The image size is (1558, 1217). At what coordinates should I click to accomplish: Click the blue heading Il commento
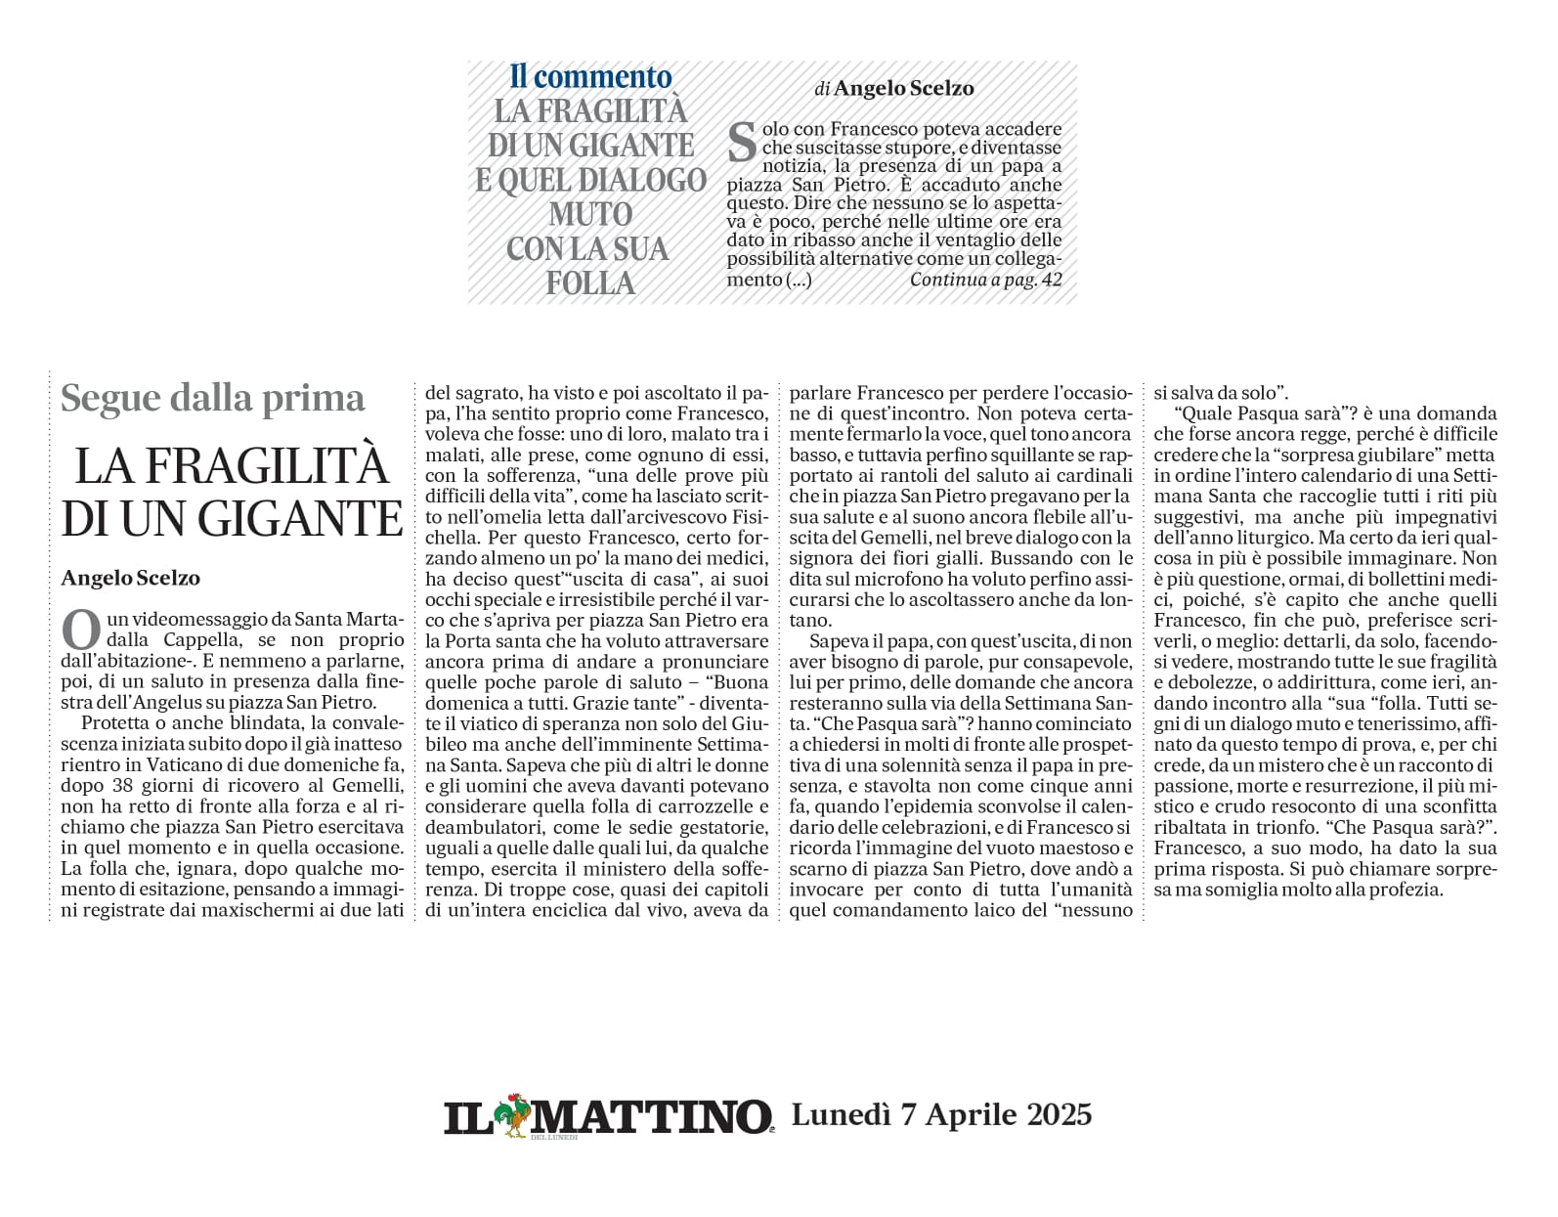pyautogui.click(x=590, y=76)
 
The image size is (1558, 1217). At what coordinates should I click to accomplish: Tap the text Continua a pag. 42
pyautogui.click(x=985, y=280)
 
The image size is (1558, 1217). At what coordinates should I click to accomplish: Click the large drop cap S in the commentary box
pyautogui.click(x=743, y=143)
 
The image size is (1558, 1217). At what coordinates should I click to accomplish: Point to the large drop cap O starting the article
pyautogui.click(x=80, y=630)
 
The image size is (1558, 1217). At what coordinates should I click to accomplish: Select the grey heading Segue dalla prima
pyautogui.click(x=212, y=398)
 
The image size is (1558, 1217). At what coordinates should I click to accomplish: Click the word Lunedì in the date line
pyautogui.click(x=840, y=1114)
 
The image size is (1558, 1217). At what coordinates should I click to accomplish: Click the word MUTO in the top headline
pyautogui.click(x=590, y=214)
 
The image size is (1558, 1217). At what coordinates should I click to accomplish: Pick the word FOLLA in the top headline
pyautogui.click(x=590, y=283)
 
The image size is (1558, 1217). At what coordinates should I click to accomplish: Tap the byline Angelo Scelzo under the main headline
pyautogui.click(x=130, y=578)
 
